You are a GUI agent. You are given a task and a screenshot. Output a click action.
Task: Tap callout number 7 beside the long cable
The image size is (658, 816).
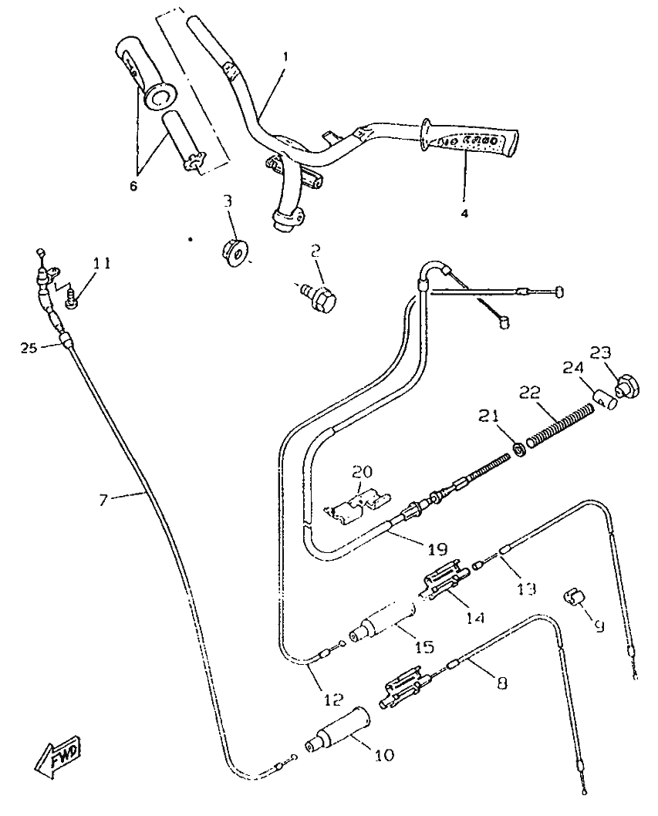[x=104, y=500]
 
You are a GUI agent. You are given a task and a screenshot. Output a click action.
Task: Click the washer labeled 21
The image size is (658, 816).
[x=521, y=447]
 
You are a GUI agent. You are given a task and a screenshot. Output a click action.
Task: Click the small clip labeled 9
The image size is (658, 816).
[x=575, y=596]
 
